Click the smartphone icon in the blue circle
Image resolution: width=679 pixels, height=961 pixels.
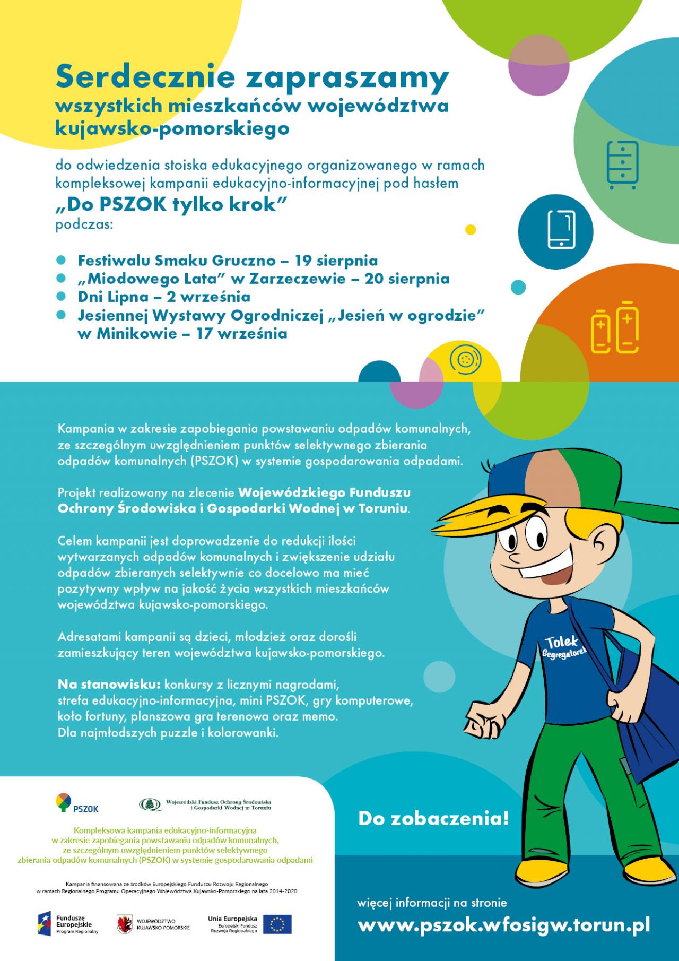click(561, 229)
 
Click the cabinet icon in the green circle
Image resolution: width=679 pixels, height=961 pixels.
click(622, 165)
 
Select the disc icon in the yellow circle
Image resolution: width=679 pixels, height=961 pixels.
click(462, 360)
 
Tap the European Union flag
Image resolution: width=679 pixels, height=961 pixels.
click(277, 924)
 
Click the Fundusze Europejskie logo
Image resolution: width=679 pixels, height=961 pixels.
click(67, 924)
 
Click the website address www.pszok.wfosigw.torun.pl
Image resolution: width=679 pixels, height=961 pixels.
click(503, 925)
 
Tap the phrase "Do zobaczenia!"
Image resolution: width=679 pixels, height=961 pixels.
click(433, 818)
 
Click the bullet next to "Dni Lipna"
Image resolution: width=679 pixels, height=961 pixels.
click(60, 296)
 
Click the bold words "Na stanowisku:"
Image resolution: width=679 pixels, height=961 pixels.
click(109, 684)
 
